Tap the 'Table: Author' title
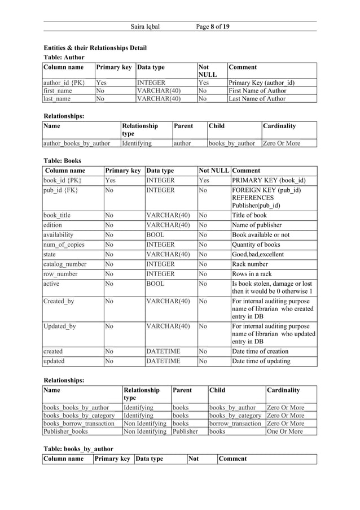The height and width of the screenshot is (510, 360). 64,57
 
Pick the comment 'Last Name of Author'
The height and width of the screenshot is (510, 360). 257,99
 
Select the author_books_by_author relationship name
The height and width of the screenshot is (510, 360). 77,143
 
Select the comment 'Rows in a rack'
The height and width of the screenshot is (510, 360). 252,274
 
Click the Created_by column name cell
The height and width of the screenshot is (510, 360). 59,301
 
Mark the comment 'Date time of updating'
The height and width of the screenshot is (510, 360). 261,361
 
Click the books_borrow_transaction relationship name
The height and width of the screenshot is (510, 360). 79,423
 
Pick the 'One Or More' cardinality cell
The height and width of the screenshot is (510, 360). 285,431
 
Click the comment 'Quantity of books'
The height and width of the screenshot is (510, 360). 256,245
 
